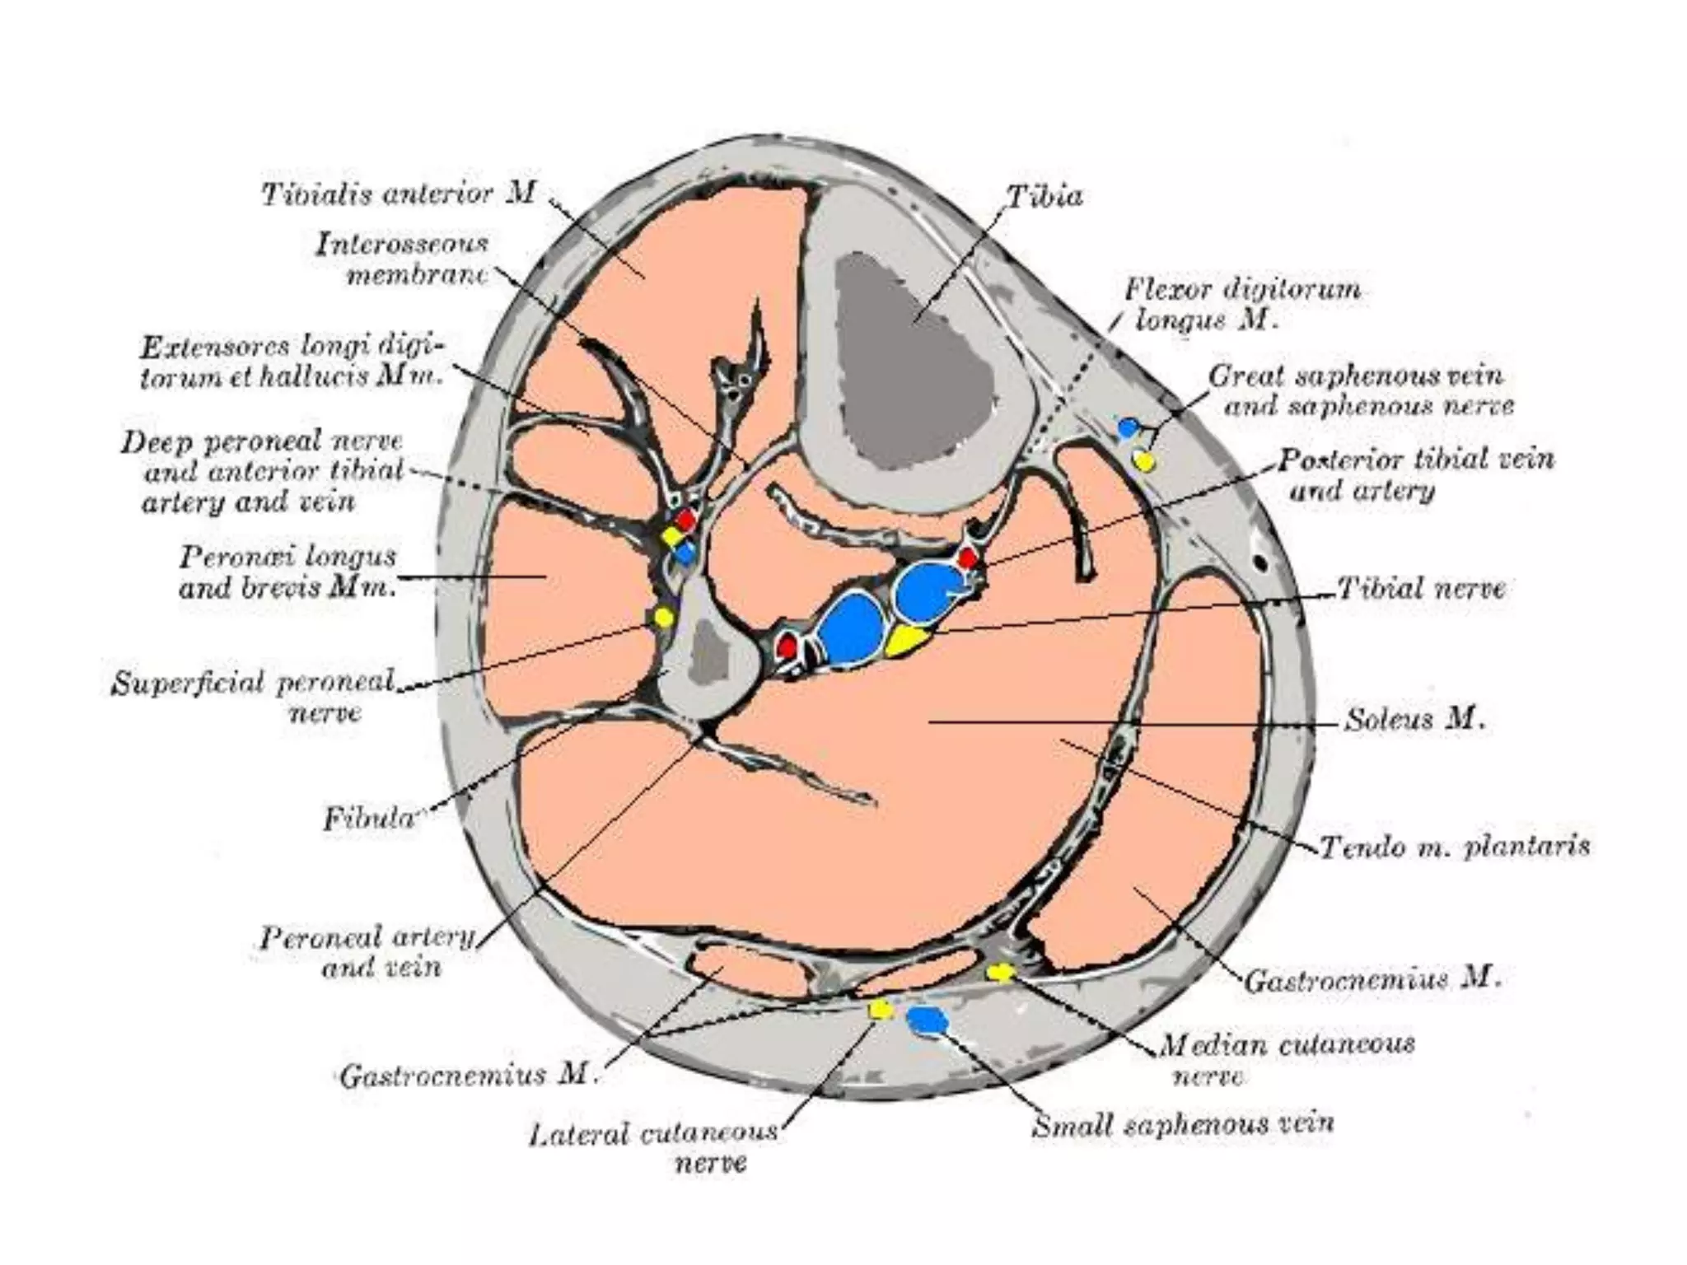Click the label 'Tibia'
pyautogui.click(x=1044, y=197)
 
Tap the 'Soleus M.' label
pyautogui.click(x=1414, y=720)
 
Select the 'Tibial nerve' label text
pyautogui.click(x=1421, y=588)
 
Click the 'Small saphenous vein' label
pyautogui.click(x=1183, y=1124)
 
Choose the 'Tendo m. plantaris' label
pyautogui.click(x=1455, y=847)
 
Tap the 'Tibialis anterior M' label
pyautogui.click(x=399, y=194)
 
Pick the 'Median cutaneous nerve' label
pyautogui.click(x=1287, y=1059)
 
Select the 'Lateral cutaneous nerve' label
pyautogui.click(x=653, y=1147)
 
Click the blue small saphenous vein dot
pyautogui.click(x=928, y=1020)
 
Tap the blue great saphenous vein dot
pyautogui.click(x=1129, y=427)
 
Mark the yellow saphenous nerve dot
pyautogui.click(x=1143, y=460)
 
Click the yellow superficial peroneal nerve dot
pyautogui.click(x=663, y=616)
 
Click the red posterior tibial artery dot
pyautogui.click(x=967, y=559)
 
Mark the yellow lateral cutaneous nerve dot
pyautogui.click(x=881, y=1010)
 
